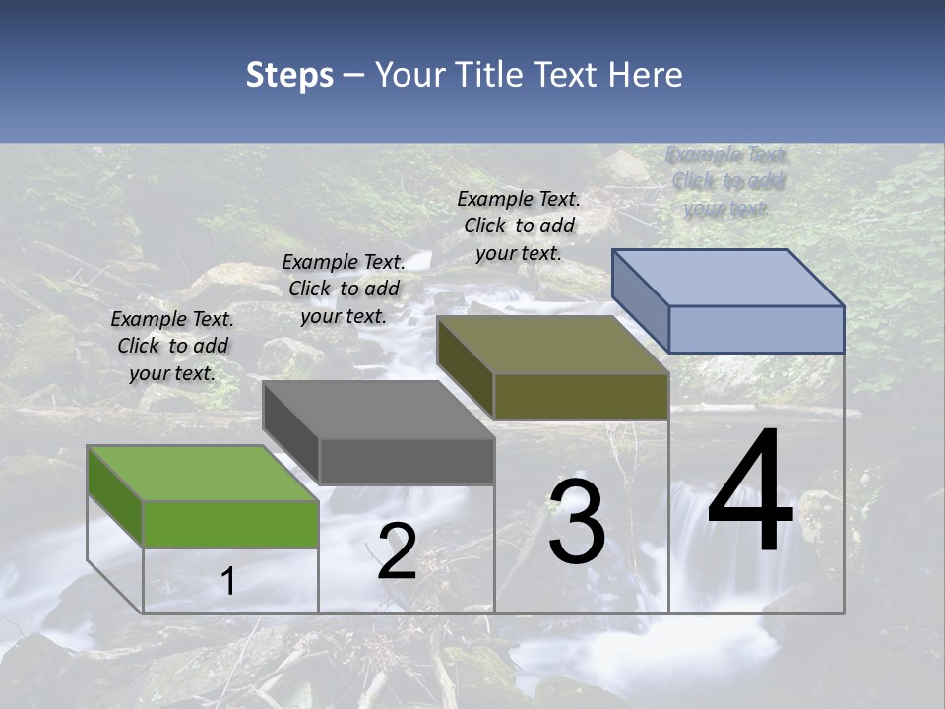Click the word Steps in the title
click(x=289, y=75)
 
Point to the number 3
click(x=577, y=522)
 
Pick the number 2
click(x=397, y=551)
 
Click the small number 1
click(x=228, y=582)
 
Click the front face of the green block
click(x=230, y=524)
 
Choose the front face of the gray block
click(x=407, y=461)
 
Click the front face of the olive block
click(x=581, y=396)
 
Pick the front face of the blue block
click(x=756, y=329)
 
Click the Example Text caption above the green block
click(x=172, y=346)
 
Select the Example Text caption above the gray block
click(x=344, y=289)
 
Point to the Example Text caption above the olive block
click(x=519, y=226)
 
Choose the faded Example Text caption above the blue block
click(x=727, y=181)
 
